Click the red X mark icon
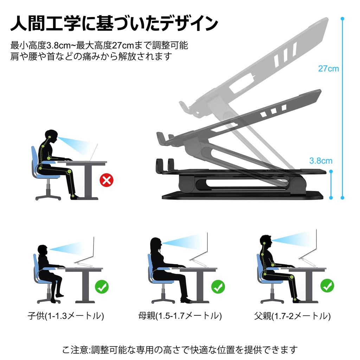107,180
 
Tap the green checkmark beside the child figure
102,287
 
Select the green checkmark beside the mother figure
218,287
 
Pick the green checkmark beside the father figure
327,285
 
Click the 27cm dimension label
328,69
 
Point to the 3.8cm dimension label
321,161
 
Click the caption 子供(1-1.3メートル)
66,316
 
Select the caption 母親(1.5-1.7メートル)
180,316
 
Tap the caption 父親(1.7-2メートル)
292,316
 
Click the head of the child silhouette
43,250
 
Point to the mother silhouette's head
156,245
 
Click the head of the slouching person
51,136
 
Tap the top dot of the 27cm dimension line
342,19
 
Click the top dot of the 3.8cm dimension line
331,172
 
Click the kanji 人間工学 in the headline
45,23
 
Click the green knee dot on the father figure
291,277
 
